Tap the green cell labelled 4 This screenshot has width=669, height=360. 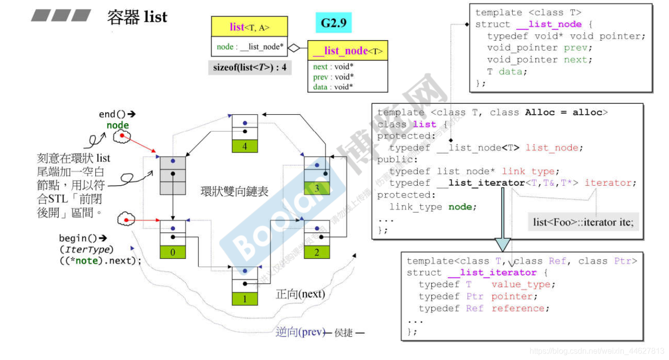[x=245, y=146]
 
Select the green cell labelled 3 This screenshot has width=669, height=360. [x=317, y=189]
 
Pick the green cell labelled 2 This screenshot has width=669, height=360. [x=317, y=252]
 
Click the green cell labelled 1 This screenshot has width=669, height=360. [x=245, y=299]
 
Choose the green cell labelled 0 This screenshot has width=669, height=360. [x=173, y=252]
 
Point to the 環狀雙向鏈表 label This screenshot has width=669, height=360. [x=234, y=192]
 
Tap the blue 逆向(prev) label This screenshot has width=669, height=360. [x=300, y=332]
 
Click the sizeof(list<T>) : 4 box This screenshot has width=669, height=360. [x=250, y=68]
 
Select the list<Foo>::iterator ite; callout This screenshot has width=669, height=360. [x=583, y=222]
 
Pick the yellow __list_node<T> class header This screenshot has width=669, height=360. [x=347, y=51]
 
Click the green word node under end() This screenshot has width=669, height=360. [x=118, y=126]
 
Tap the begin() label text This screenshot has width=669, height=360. [x=79, y=238]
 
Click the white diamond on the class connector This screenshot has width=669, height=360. [x=294, y=48]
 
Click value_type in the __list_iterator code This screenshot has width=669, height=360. [x=521, y=285]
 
